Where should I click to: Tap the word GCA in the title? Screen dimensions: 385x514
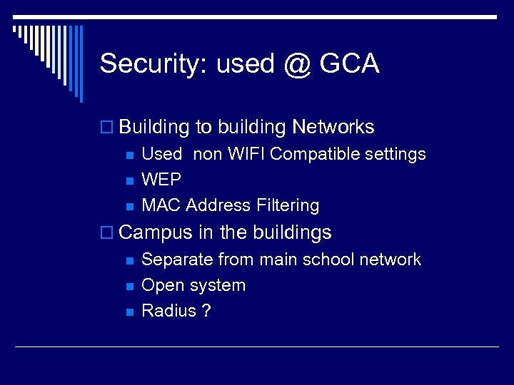[350, 63]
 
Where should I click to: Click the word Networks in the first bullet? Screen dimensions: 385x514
[333, 127]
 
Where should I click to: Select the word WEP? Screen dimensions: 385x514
[161, 180]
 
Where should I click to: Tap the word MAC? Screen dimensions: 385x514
[161, 205]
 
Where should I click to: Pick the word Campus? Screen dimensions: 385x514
[156, 232]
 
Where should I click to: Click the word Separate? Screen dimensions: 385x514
[177, 260]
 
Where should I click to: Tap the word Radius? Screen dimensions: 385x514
[168, 311]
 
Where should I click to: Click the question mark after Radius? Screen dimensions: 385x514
[206, 311]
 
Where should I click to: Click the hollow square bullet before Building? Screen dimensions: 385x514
[107, 128]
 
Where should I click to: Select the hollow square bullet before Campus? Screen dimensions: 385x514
[107, 233]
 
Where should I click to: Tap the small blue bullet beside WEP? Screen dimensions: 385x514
[129, 180]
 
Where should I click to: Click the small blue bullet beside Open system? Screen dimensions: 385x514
[129, 286]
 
